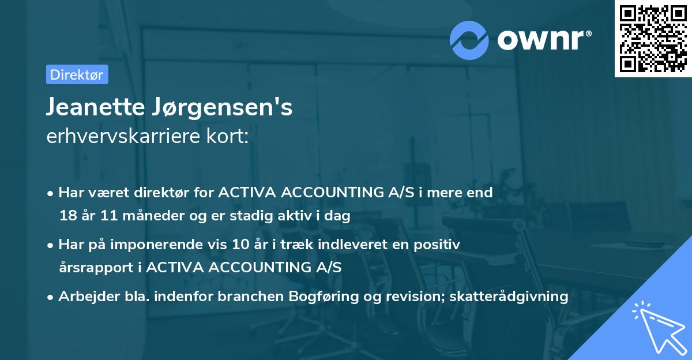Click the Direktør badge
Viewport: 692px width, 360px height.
(x=77, y=74)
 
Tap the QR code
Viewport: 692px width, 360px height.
(x=652, y=38)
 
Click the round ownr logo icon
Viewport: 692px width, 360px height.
(x=469, y=40)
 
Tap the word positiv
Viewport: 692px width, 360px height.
(x=439, y=245)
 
